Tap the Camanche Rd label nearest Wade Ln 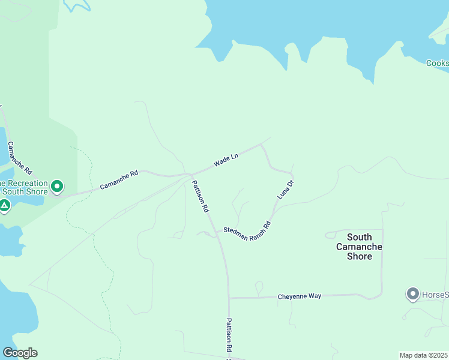[x=119, y=179]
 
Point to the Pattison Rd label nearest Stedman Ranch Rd [x=200, y=197]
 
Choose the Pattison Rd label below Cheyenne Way [x=229, y=334]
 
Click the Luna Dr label [x=285, y=190]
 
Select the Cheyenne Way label [x=300, y=296]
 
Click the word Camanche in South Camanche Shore [x=359, y=247]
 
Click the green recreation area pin [x=57, y=187]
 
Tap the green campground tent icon [x=4, y=206]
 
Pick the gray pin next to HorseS [x=412, y=294]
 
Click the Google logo [x=20, y=353]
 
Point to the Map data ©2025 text [x=423, y=355]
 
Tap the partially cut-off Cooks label [x=437, y=63]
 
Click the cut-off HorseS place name [x=435, y=295]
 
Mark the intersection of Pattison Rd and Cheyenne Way [x=229, y=298]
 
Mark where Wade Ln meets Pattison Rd [x=191, y=175]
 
